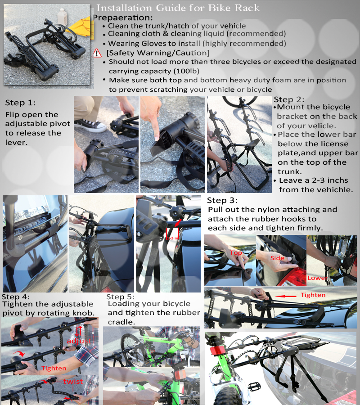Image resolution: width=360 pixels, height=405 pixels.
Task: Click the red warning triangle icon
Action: [x=97, y=53]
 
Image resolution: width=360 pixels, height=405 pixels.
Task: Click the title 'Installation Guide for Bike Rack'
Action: [x=178, y=8]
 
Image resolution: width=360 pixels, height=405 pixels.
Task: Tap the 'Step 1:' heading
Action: [x=20, y=103]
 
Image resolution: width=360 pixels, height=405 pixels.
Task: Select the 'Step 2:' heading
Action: [x=289, y=99]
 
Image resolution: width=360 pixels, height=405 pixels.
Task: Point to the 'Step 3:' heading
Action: [x=222, y=200]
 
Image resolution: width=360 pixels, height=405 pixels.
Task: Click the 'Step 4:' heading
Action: [x=15, y=297]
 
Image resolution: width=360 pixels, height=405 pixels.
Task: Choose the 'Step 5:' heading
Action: [x=120, y=297]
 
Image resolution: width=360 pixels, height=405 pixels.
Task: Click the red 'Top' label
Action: [x=236, y=253]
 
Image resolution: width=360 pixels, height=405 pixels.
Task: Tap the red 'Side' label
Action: [x=277, y=258]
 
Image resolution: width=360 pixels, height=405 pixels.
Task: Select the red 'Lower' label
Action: [x=318, y=278]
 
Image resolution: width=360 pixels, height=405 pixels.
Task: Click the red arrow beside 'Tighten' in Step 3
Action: [x=286, y=296]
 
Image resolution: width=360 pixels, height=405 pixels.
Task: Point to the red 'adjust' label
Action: [x=79, y=341]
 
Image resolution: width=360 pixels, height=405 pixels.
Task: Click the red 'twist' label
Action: [x=73, y=382]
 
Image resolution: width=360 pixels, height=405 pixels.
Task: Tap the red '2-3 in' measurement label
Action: [x=172, y=238]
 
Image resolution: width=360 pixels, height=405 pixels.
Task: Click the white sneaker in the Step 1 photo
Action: [x=90, y=125]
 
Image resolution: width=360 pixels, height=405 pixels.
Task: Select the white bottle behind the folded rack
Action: [x=62, y=17]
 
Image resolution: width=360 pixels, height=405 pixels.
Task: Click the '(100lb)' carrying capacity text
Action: [x=186, y=71]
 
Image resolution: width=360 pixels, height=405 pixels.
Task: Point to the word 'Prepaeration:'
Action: [x=123, y=18]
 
